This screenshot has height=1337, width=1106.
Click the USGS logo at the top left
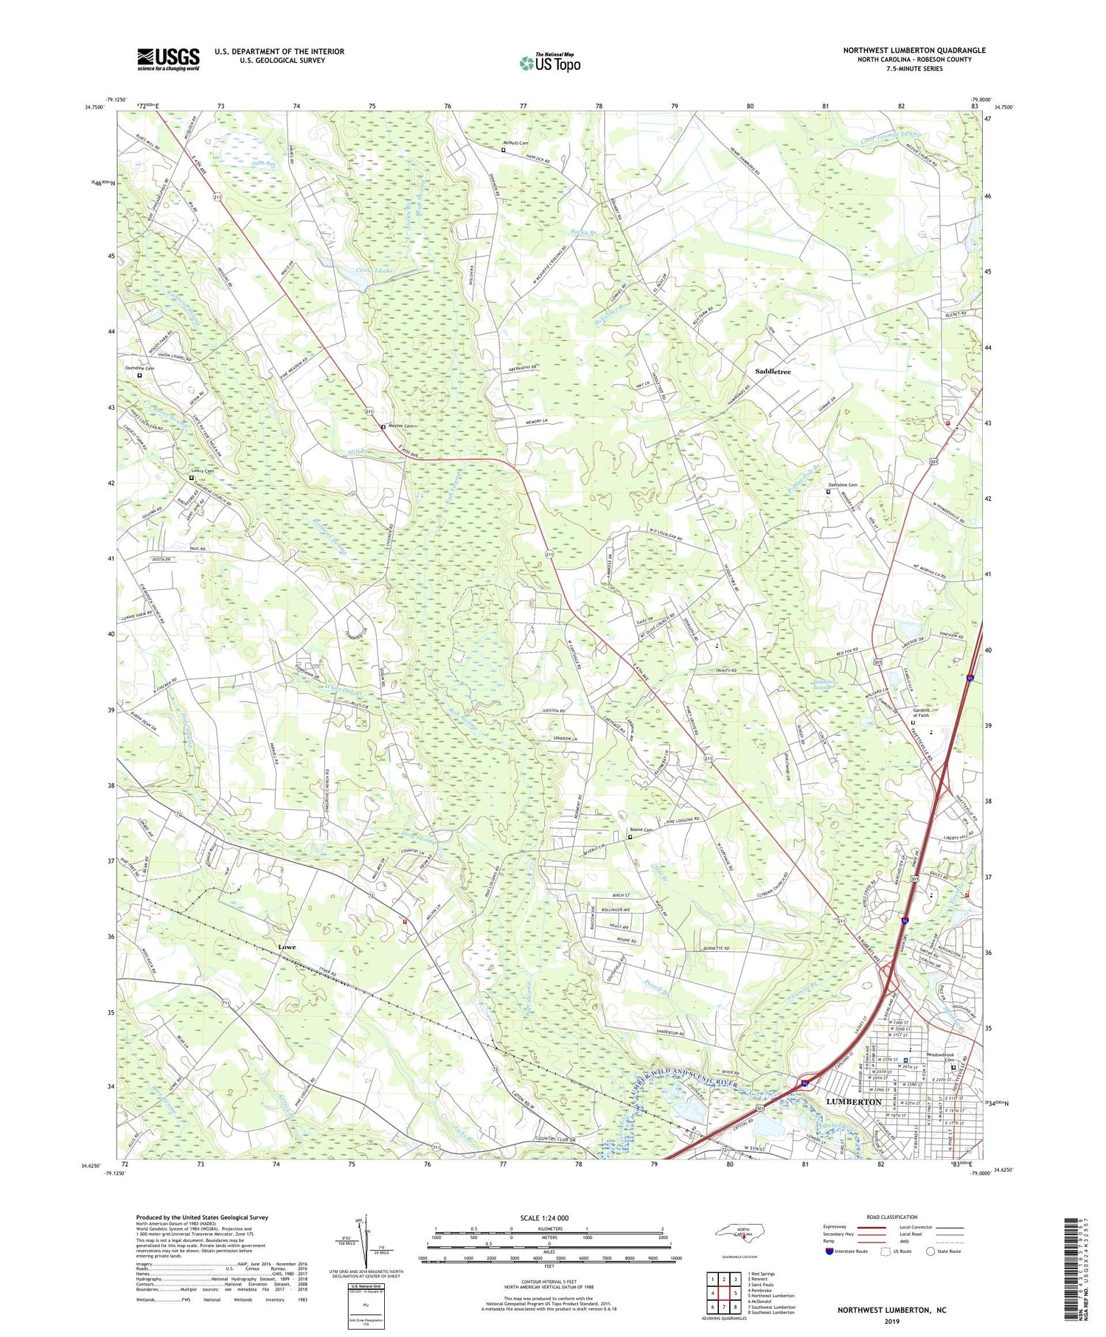(168, 59)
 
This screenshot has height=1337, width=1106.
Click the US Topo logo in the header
(549, 63)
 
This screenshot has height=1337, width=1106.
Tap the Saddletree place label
(772, 372)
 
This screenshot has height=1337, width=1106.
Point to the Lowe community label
(288, 946)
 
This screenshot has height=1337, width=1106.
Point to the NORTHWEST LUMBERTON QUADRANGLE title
(914, 50)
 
